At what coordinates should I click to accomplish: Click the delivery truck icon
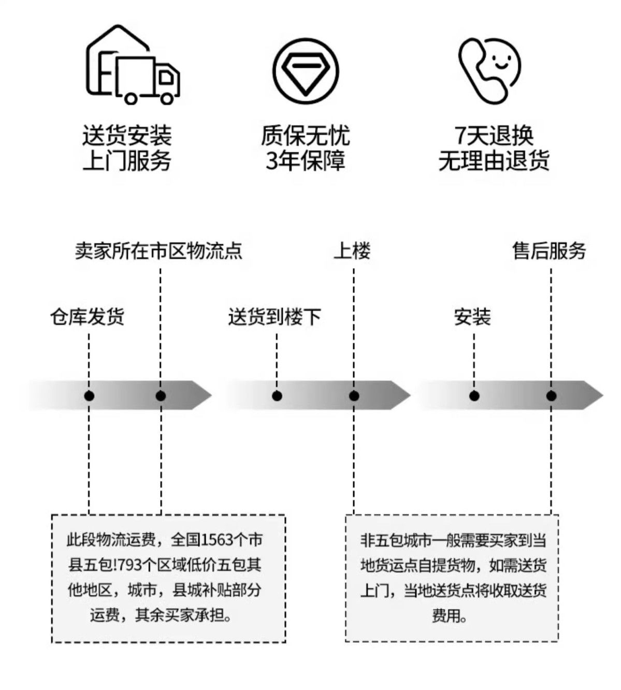(133, 64)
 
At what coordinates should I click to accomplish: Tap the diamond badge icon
(306, 71)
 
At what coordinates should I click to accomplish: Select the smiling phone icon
(489, 70)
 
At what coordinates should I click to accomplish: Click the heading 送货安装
(127, 136)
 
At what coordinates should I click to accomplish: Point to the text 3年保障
(306, 160)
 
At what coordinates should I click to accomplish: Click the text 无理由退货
(494, 160)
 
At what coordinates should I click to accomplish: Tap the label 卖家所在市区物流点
(158, 251)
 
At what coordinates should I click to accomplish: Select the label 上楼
(352, 251)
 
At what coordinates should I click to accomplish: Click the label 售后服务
(549, 251)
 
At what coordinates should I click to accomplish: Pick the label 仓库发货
(87, 316)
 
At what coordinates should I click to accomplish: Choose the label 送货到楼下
(275, 316)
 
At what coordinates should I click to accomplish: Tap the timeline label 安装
(472, 316)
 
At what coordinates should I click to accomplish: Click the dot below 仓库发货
(89, 396)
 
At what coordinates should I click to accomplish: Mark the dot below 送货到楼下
(277, 396)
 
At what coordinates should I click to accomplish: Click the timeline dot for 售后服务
(551, 396)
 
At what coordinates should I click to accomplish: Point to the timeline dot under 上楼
(354, 396)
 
